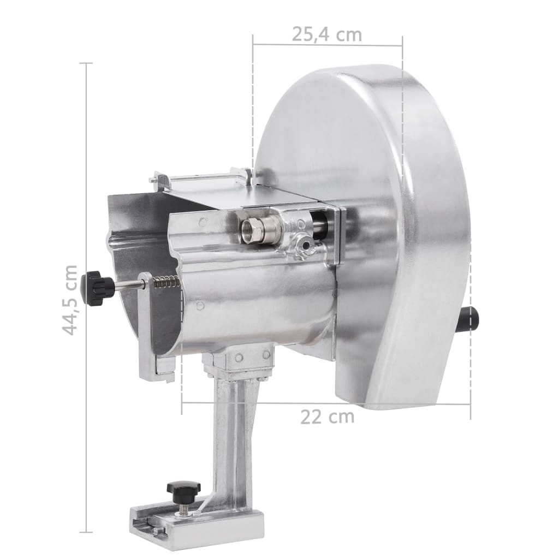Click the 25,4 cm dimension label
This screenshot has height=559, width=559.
[x=326, y=34]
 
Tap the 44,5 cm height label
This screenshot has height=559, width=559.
[x=69, y=300]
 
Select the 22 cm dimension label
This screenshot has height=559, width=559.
[x=327, y=417]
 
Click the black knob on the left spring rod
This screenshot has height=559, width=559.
[x=96, y=287]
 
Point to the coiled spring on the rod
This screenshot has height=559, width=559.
[x=166, y=283]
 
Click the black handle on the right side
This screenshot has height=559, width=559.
[x=469, y=319]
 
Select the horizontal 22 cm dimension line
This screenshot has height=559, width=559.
[x=328, y=403]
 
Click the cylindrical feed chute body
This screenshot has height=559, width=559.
[x=257, y=306]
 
